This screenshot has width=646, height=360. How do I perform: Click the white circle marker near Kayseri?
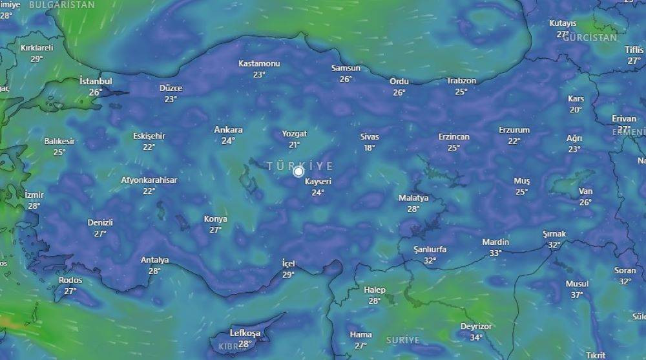(298, 172)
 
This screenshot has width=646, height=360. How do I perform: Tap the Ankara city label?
(228, 130)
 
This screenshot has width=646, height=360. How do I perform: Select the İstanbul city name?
(96, 81)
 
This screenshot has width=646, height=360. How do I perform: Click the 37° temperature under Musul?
(577, 295)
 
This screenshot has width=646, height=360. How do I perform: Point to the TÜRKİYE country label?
(300, 166)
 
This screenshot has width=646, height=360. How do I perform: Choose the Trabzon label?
(461, 81)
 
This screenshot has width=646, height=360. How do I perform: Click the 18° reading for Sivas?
(370, 148)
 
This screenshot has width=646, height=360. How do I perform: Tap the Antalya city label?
(154, 260)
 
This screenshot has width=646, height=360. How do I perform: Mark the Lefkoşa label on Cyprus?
(245, 334)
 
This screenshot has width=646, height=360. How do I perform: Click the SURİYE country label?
(402, 340)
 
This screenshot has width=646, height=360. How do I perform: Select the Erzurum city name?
(514, 130)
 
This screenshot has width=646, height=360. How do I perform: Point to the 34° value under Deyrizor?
(476, 337)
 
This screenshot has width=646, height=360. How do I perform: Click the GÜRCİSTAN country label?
(590, 37)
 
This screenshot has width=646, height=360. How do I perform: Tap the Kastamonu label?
(259, 63)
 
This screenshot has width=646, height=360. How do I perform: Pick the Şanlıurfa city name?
(430, 249)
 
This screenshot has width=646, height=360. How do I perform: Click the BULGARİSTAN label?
(62, 5)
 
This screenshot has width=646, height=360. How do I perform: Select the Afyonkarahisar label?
(149, 180)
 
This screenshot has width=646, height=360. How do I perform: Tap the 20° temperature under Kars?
(576, 109)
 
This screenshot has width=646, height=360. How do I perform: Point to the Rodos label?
(70, 281)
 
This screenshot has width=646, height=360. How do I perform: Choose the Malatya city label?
(413, 198)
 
